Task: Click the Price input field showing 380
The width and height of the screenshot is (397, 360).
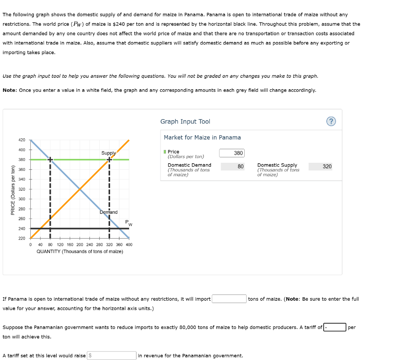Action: tap(232, 153)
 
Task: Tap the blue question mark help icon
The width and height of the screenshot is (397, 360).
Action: tap(331, 122)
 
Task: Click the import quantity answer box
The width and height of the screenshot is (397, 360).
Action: tap(229, 299)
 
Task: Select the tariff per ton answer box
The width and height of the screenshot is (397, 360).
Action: tap(335, 327)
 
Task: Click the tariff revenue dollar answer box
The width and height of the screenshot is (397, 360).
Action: tap(112, 355)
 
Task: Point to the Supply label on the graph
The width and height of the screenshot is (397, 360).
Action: tap(109, 153)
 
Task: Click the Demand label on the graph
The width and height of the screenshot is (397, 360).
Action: tap(109, 212)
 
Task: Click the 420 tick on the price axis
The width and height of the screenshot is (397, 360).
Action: tap(22, 140)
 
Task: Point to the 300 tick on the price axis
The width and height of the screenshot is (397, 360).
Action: tap(22, 199)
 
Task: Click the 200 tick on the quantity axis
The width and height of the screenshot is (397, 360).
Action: tap(80, 245)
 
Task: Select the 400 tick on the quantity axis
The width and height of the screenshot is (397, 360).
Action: tap(129, 245)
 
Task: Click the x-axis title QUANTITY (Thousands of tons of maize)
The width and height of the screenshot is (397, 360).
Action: tap(80, 251)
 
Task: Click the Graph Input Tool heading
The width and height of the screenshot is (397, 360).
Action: tap(185, 122)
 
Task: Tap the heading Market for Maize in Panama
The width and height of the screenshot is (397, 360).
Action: tap(202, 138)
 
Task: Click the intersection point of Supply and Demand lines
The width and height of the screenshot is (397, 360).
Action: tap(80, 189)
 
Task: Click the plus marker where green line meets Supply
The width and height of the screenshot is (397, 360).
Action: tap(109, 159)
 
